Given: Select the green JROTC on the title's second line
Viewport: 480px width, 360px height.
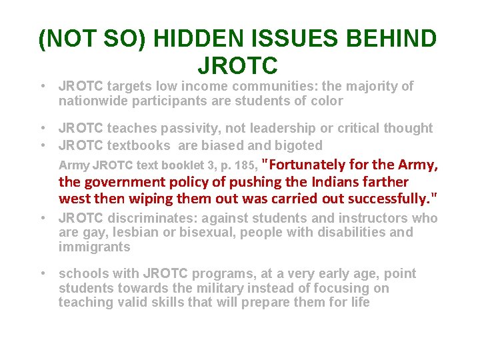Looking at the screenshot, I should [238, 66].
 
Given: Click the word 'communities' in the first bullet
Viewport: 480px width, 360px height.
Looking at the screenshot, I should [259, 87].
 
